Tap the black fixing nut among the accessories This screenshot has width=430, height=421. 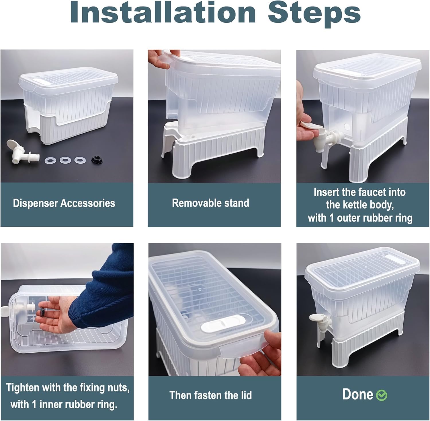pos(97,160)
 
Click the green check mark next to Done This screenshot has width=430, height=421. pos(382,395)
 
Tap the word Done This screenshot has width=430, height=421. pos(358,395)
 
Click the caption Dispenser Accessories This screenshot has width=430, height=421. pos(64,203)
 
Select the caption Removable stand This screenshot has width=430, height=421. pos(211,203)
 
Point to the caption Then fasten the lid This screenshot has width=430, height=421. pos(211,395)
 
